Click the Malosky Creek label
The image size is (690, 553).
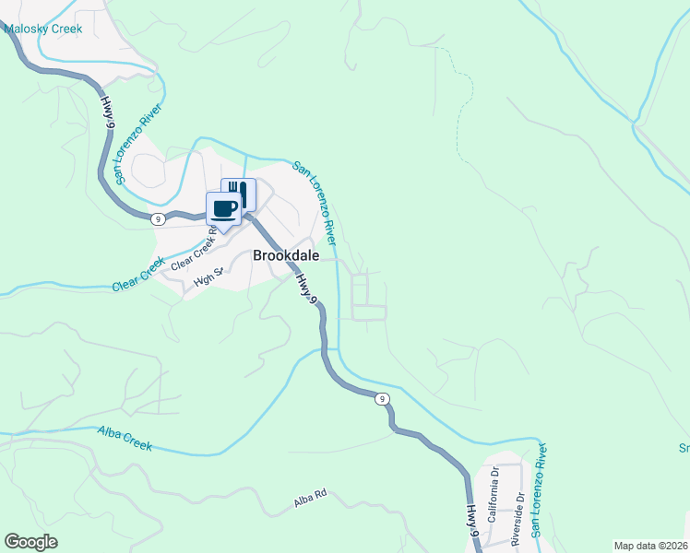tap(43, 29)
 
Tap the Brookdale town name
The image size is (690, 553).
tap(285, 257)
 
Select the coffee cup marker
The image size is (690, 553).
tap(223, 208)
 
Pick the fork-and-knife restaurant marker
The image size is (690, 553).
tap(238, 194)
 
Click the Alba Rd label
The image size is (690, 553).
tap(311, 499)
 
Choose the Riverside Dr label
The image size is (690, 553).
tap(520, 516)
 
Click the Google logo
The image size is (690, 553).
tap(31, 541)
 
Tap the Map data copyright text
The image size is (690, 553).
tap(650, 546)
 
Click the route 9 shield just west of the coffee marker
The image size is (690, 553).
tap(160, 218)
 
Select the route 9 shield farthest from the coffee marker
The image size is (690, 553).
tap(381, 398)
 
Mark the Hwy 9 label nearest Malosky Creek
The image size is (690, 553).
tap(111, 115)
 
